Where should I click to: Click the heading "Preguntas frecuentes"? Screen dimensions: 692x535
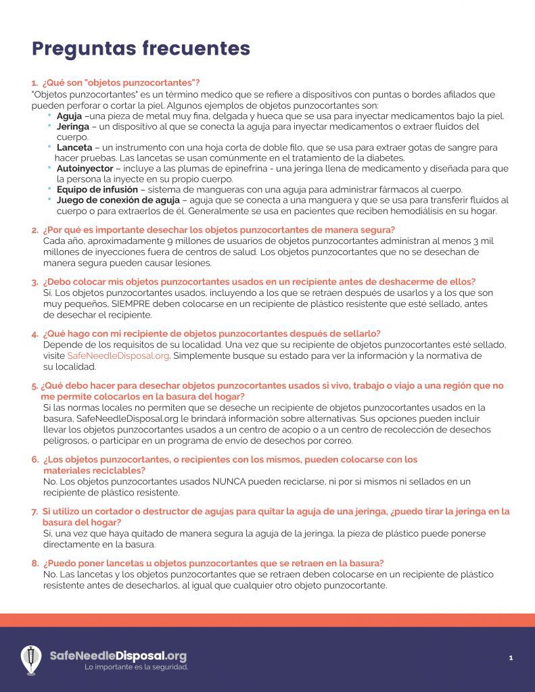coord(141,49)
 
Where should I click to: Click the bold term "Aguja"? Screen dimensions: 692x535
coord(69,116)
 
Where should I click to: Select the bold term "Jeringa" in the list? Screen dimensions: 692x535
coord(73,126)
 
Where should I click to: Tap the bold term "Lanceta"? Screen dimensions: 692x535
coord(74,147)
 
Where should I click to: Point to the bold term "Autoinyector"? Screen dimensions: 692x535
coord(85,168)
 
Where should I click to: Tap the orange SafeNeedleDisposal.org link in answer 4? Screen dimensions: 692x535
coord(118,355)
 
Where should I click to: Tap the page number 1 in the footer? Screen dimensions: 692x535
coord(511,657)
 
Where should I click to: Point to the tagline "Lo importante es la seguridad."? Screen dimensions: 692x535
coord(136,667)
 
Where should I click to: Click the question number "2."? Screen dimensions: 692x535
coord(34,230)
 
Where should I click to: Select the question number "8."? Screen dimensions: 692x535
coord(34,563)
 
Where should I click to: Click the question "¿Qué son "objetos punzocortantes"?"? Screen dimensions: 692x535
coord(120,83)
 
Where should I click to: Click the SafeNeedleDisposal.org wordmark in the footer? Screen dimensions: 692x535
coord(118,656)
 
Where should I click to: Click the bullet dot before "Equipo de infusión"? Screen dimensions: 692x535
coord(49,189)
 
